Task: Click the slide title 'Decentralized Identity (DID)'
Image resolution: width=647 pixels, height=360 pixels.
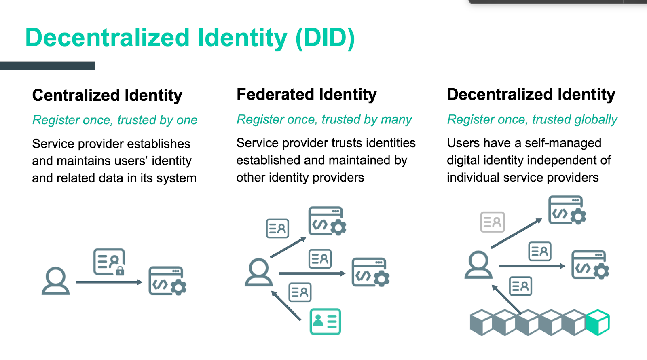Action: click(x=190, y=38)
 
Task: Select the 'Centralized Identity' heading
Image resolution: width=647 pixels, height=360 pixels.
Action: click(x=107, y=95)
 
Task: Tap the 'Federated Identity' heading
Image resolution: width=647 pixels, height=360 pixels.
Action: click(x=307, y=95)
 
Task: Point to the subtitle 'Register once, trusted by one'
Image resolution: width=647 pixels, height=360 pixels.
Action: click(x=115, y=120)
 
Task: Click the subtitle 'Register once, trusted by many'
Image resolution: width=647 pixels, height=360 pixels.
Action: click(x=324, y=119)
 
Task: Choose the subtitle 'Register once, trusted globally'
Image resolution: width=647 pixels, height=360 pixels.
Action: click(x=532, y=119)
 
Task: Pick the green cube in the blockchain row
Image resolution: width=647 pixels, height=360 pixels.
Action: click(x=598, y=322)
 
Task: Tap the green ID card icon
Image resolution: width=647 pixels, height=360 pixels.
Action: click(x=325, y=322)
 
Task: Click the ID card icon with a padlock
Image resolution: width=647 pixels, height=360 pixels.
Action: click(x=109, y=262)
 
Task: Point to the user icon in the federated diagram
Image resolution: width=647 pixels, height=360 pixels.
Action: click(x=259, y=272)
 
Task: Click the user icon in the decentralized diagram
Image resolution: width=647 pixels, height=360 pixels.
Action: click(x=478, y=265)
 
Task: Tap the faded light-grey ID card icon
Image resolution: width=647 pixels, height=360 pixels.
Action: click(x=492, y=222)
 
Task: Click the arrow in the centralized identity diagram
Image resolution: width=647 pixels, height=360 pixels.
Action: click(x=109, y=282)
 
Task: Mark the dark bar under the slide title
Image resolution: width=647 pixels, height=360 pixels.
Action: click(x=48, y=66)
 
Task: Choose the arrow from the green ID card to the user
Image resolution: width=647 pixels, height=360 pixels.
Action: click(x=286, y=306)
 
